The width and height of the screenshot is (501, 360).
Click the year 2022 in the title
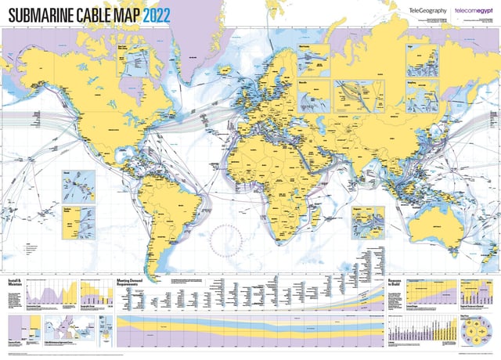(153, 13)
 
